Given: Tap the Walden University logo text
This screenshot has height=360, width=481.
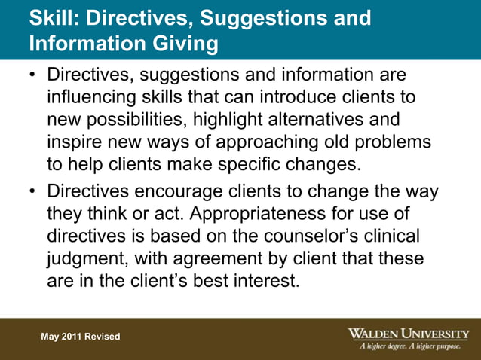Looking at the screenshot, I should [409, 332].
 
